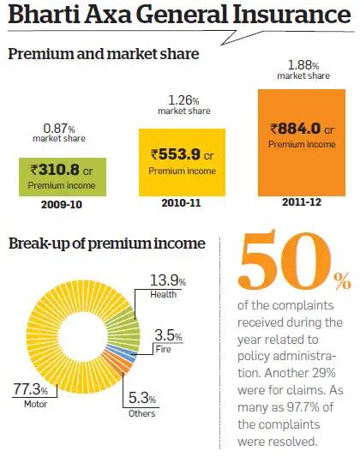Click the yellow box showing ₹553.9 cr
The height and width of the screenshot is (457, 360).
[181, 160]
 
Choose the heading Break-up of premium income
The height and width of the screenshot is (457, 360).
[106, 244]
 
